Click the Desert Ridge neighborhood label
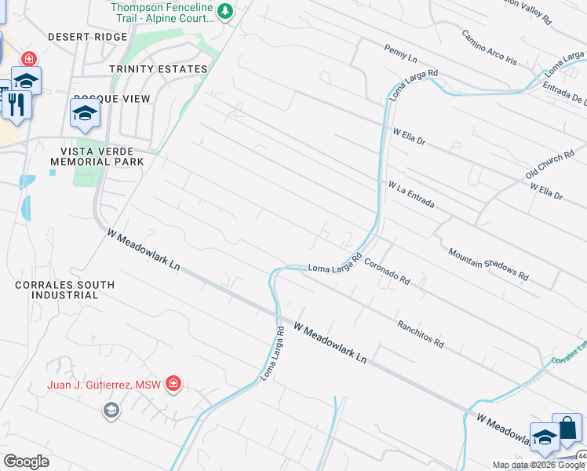pos(86,37)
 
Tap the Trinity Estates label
pos(159,69)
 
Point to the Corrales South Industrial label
pos(64,290)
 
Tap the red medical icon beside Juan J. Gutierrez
pos(173,384)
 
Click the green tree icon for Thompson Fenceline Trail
pos(226,11)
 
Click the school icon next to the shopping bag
pos(545,436)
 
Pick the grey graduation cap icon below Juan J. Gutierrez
pos(111,410)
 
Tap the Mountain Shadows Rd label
pos(488,265)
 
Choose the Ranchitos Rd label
pos(421,334)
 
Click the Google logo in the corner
pos(26,462)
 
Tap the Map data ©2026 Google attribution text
pos(538,465)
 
